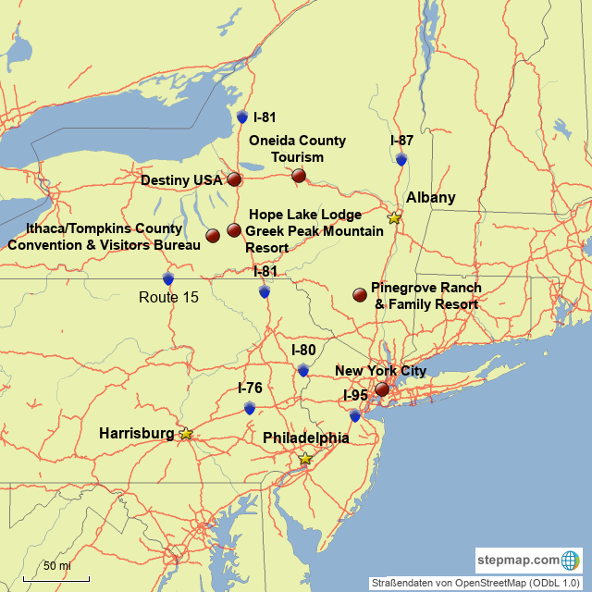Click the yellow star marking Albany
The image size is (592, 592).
point(395,217)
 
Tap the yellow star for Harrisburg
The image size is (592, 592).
point(186,433)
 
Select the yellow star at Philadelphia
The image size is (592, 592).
point(305,458)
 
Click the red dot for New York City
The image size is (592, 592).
point(382,389)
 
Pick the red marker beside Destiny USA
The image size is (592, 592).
point(234,179)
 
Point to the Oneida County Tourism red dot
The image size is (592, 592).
point(299,175)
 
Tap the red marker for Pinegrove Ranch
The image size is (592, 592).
point(360,295)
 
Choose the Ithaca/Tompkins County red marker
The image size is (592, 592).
point(213,236)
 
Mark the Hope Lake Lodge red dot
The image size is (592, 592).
point(234,229)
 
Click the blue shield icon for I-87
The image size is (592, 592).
point(401,159)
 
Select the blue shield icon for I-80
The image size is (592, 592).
point(303,370)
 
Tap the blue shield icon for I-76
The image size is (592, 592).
point(250,407)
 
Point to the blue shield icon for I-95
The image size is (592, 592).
point(355,415)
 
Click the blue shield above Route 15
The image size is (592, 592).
point(168,278)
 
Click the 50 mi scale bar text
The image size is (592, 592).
point(56,565)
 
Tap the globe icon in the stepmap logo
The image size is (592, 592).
point(570,561)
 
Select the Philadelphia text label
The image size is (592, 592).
point(306,438)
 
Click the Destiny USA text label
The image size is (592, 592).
point(181,179)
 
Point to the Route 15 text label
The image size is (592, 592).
point(169,297)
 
